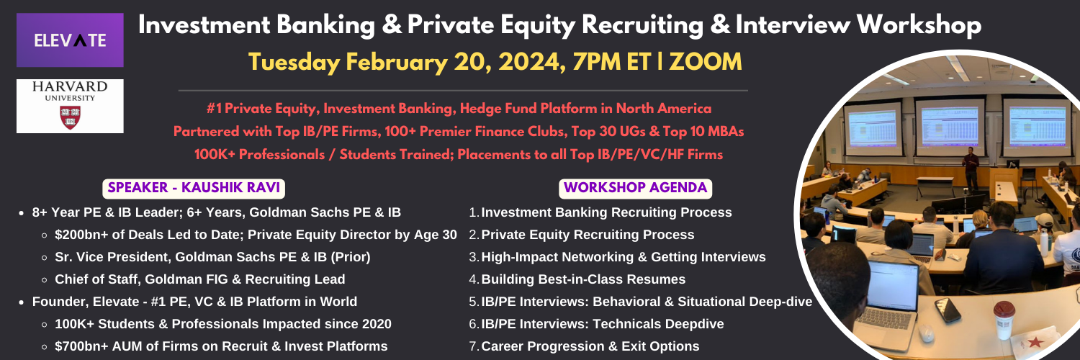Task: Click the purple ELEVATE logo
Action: coord(70,40)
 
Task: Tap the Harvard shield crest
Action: coord(70,117)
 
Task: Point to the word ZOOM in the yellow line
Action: coord(706,62)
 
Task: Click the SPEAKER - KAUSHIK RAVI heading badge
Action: coord(194,188)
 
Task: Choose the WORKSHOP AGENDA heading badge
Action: coord(636,188)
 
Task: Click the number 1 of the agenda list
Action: coord(473,212)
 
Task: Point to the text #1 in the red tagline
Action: coord(214,109)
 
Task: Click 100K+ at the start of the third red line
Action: coord(211,155)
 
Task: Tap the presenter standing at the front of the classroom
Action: coord(970,168)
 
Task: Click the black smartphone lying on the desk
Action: coord(948,310)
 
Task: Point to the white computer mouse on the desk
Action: coord(926,333)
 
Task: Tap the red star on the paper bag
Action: coord(1035,342)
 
